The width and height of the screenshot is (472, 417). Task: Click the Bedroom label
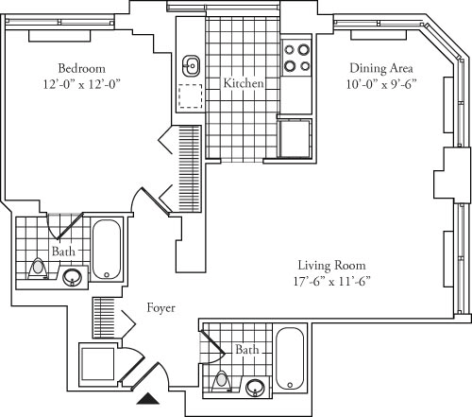[x=81, y=68]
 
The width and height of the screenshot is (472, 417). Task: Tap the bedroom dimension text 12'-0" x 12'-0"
[x=81, y=84]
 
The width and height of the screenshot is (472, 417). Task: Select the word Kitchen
[x=243, y=84]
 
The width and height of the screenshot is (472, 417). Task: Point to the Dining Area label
[x=379, y=68]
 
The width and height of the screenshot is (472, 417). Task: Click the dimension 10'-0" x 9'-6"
[x=379, y=84]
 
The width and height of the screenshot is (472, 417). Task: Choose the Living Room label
[x=331, y=265]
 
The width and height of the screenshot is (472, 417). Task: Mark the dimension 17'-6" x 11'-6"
[x=331, y=281]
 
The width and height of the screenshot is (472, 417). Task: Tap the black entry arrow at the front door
[x=148, y=398]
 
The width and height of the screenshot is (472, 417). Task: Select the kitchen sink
[x=192, y=65]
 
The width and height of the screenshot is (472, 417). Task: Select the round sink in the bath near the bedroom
[x=73, y=277]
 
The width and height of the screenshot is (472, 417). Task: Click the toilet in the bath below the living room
[x=222, y=382]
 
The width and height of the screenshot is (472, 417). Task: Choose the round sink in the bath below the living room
[x=254, y=386]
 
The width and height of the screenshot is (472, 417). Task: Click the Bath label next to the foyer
[x=246, y=350]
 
